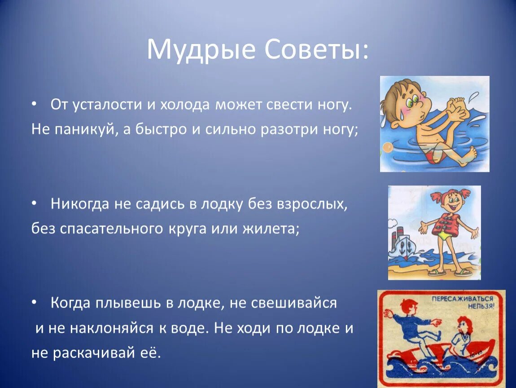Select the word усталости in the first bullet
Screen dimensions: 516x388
pos(107,105)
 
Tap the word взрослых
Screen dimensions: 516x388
pos(312,204)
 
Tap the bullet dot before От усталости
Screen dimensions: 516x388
pos(34,104)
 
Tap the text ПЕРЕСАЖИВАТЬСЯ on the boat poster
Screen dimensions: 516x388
pos(462,299)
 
